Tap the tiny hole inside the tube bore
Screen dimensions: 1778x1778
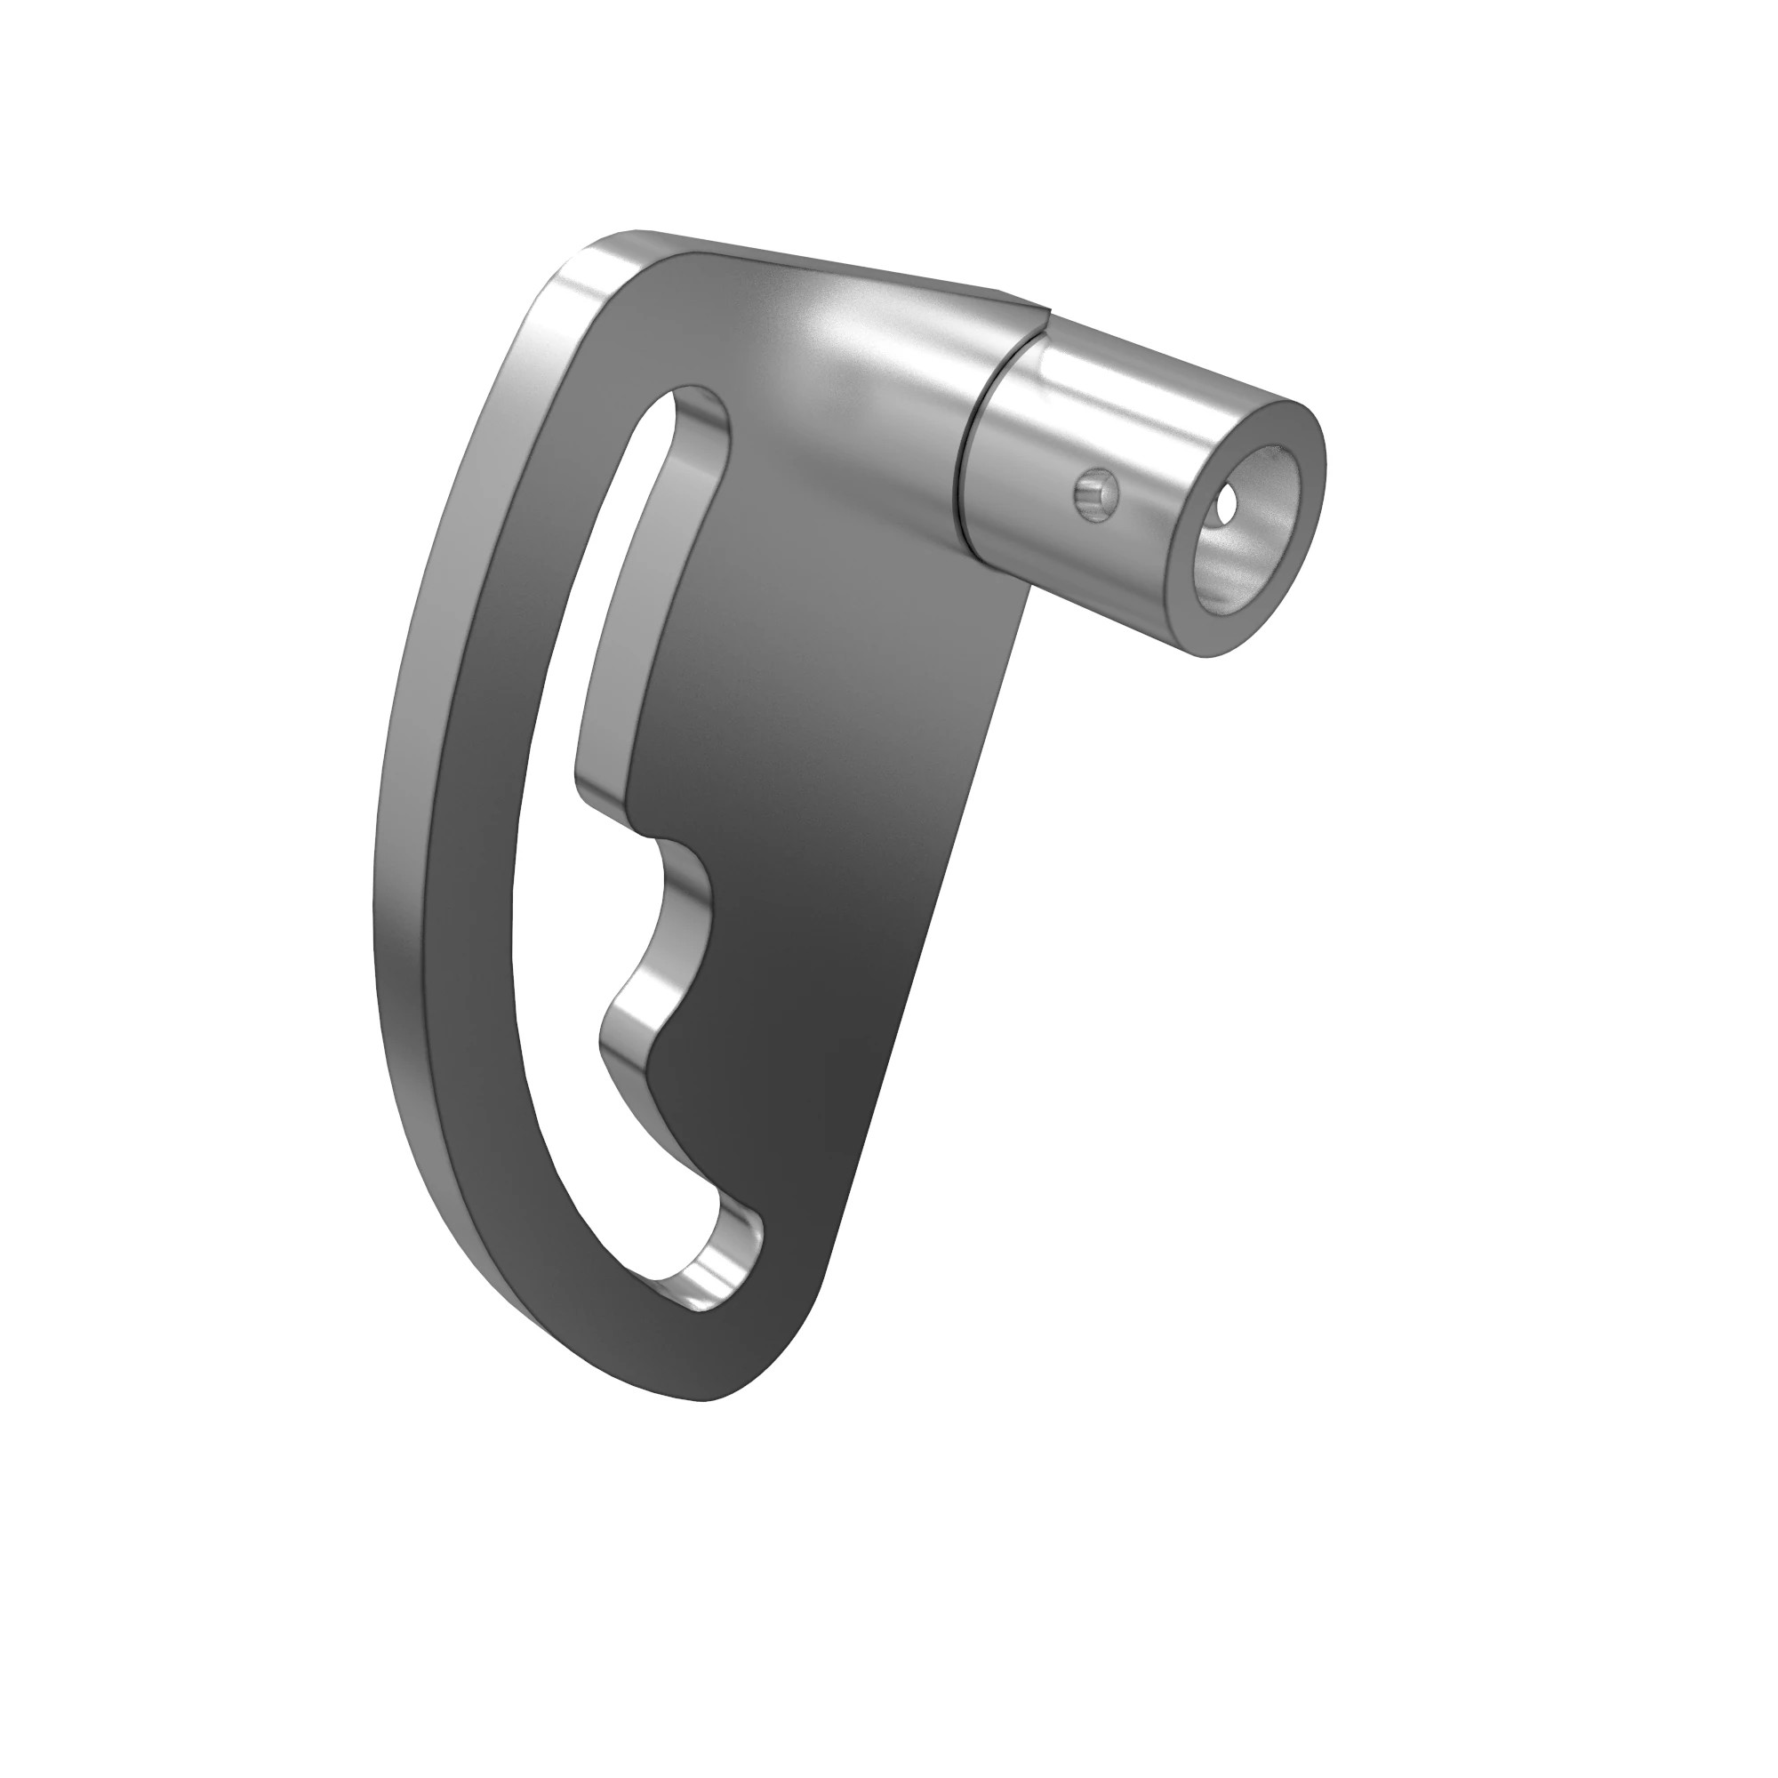pyautogui.click(x=1228, y=506)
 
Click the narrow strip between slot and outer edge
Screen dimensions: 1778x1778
pyautogui.click(x=478, y=829)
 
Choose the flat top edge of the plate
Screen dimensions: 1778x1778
pyautogui.click(x=829, y=267)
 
